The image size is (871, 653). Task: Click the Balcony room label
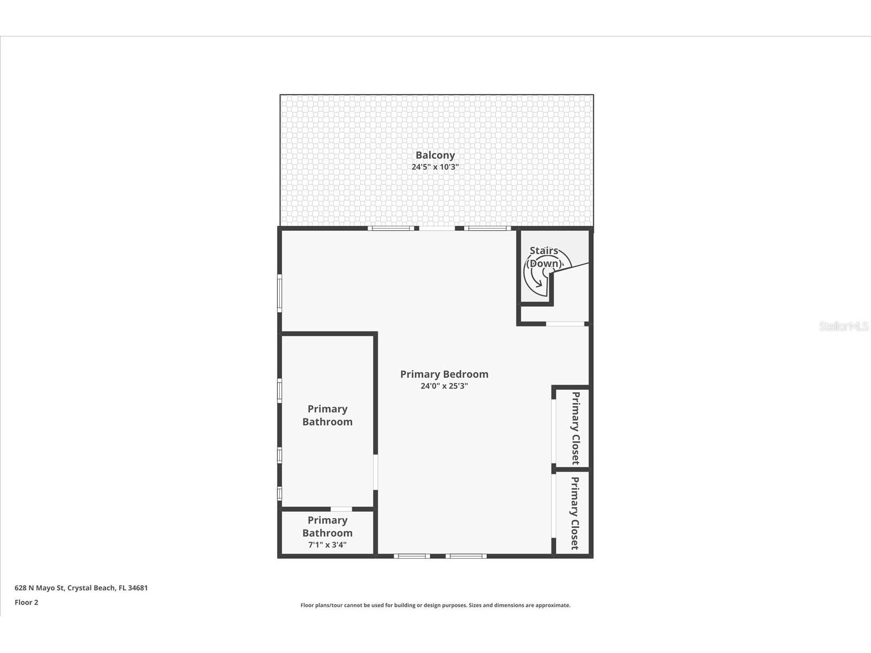435,155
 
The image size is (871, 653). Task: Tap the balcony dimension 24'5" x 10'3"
435,167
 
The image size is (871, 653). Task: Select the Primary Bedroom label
444,374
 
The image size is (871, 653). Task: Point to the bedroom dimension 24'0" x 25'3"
444,386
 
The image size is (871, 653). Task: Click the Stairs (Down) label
544,257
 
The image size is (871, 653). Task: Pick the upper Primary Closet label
575,428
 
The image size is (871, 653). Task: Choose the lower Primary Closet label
575,513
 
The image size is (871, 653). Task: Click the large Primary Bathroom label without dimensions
327,415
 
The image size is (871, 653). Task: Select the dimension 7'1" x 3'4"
327,545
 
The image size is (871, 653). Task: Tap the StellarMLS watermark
844,326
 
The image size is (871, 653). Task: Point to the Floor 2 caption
26,602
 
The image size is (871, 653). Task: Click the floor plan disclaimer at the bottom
436,605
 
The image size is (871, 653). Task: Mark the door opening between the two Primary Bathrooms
341,509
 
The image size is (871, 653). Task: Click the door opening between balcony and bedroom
437,229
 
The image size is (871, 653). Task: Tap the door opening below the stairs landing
565,324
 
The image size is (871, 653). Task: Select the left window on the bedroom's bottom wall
412,556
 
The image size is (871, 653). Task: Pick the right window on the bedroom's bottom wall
466,556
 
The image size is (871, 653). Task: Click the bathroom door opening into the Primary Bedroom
375,472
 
